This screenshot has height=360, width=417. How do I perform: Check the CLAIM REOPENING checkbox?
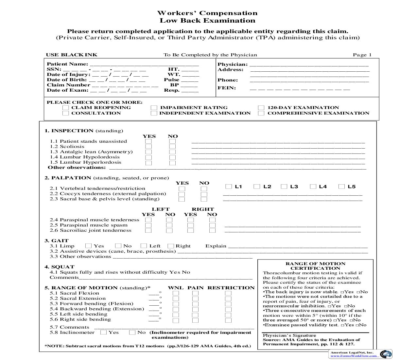(x=66, y=108)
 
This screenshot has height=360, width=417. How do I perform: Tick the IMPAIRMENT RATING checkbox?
(x=154, y=108)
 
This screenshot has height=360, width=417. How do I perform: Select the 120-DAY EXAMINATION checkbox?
(x=261, y=108)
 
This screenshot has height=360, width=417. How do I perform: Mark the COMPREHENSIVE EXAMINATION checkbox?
(x=261, y=113)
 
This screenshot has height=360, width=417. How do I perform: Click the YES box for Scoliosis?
(x=148, y=147)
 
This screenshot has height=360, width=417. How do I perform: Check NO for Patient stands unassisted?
(x=172, y=141)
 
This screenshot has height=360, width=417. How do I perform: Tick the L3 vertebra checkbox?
(x=284, y=187)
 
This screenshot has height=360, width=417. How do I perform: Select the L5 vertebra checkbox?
(x=341, y=187)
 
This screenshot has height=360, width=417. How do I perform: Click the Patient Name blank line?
(x=144, y=64)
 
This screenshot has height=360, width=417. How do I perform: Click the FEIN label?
(x=227, y=88)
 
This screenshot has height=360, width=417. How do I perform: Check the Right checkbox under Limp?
(x=170, y=246)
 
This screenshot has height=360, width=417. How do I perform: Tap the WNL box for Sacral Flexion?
(x=176, y=293)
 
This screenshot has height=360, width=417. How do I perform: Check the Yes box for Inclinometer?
(x=104, y=333)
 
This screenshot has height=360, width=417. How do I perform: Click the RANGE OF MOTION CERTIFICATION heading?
(x=315, y=266)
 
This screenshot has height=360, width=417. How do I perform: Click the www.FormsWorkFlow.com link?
(x=353, y=355)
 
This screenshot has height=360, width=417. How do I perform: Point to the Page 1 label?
(x=362, y=55)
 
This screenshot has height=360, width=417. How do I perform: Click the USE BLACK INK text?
(x=72, y=55)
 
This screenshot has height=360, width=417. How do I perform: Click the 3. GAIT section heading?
(x=57, y=241)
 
